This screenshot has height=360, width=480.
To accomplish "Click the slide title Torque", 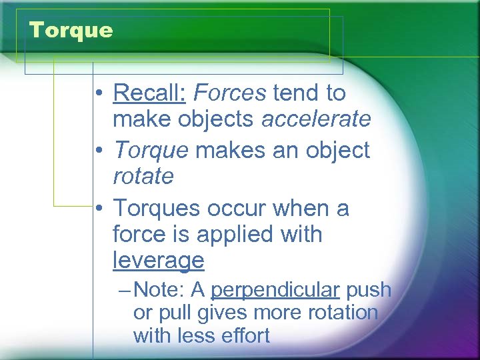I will [x=71, y=30].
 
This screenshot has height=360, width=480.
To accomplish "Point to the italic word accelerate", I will [x=316, y=119].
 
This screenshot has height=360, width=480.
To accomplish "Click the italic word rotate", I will [x=143, y=177].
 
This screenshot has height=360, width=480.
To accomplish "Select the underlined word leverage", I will [x=158, y=261].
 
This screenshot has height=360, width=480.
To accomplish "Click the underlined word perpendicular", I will [x=275, y=291].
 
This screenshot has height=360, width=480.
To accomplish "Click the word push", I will [x=369, y=291].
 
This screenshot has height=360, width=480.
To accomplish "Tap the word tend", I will [x=296, y=93].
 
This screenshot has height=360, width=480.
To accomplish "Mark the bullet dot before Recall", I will [x=97, y=94].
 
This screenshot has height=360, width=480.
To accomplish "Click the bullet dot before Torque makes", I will [x=97, y=151].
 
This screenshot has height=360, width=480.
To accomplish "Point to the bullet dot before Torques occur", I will [x=97, y=209].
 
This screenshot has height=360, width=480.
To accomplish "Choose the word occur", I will [x=233, y=209].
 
